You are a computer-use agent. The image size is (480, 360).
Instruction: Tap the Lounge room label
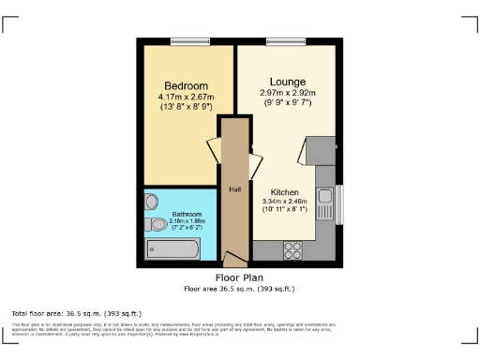(288, 82)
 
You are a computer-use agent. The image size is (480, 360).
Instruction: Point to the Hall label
(234, 188)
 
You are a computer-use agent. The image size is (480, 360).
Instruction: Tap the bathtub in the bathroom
(173, 249)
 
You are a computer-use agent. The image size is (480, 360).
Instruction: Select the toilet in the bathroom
(153, 224)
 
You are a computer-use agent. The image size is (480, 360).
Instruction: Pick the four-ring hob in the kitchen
(292, 250)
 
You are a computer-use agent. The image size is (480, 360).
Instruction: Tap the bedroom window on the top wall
(184, 39)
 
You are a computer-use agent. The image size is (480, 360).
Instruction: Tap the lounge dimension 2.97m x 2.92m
(288, 93)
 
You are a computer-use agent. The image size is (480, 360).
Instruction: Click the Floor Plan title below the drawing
(239, 278)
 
